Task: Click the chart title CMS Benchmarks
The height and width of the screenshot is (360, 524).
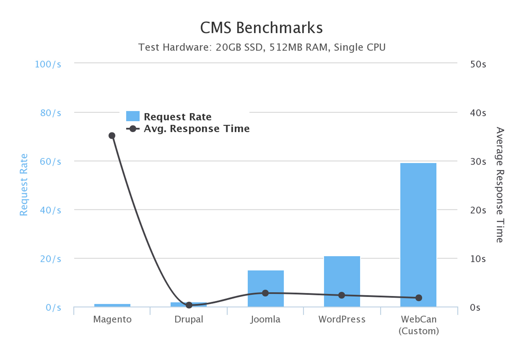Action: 261,28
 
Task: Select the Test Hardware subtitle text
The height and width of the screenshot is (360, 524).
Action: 262,47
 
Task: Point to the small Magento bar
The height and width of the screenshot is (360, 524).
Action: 112,305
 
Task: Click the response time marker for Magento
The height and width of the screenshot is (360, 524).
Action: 112,136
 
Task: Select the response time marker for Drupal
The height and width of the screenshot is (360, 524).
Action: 189,305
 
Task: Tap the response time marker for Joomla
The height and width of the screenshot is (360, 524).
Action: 265,293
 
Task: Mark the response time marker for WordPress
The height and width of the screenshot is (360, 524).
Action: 342,295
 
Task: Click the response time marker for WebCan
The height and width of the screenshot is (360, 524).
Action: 419,298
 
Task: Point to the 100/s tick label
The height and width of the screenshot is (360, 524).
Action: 48,64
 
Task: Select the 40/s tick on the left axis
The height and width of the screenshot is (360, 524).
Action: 50,210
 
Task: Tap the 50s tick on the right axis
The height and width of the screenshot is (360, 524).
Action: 478,64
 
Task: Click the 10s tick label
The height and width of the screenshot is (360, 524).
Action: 478,259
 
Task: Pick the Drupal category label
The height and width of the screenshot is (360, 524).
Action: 189,319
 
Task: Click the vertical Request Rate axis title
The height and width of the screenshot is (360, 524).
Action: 23,185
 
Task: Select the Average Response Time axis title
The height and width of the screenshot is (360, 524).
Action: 500,185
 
